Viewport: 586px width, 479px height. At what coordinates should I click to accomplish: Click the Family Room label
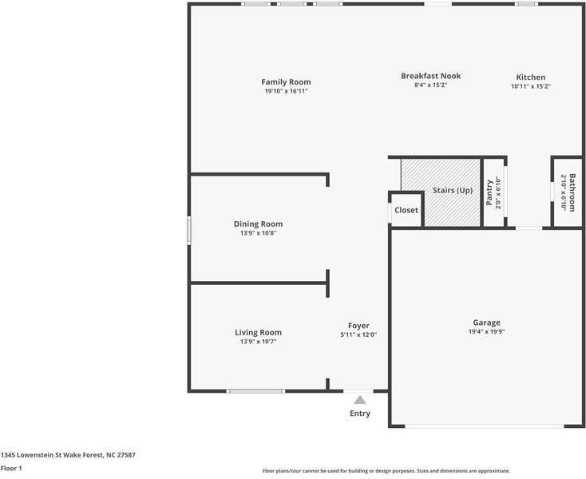pyautogui.click(x=286, y=81)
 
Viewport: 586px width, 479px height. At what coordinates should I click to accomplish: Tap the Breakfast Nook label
pyautogui.click(x=430, y=76)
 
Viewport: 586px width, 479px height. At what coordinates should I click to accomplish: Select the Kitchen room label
pyautogui.click(x=530, y=77)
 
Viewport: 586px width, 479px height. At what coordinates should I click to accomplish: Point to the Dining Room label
pyautogui.click(x=258, y=224)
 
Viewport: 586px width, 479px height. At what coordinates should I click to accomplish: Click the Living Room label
pyautogui.click(x=258, y=332)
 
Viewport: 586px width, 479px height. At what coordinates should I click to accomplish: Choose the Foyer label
pyautogui.click(x=358, y=325)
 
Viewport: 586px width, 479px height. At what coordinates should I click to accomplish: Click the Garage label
pyautogui.click(x=486, y=323)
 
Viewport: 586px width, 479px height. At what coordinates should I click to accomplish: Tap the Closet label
pyautogui.click(x=406, y=210)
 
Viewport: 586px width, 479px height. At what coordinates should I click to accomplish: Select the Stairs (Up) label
pyautogui.click(x=453, y=190)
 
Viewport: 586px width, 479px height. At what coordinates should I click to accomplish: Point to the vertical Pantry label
pyautogui.click(x=489, y=192)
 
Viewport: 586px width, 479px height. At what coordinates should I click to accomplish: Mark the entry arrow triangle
pyautogui.click(x=360, y=400)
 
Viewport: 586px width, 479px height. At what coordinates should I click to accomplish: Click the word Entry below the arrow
pyautogui.click(x=360, y=414)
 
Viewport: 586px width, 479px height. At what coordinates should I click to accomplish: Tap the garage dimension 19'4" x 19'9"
pyautogui.click(x=486, y=332)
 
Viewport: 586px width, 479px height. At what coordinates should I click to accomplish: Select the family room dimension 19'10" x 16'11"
pyautogui.click(x=286, y=91)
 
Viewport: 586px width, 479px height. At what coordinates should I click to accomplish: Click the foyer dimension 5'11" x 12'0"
pyautogui.click(x=358, y=335)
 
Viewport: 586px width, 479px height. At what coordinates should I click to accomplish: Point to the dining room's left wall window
pyautogui.click(x=189, y=230)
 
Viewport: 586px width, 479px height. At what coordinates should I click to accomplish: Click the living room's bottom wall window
pyautogui.click(x=255, y=390)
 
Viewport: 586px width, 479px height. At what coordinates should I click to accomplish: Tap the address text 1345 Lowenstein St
pyautogui.click(x=68, y=455)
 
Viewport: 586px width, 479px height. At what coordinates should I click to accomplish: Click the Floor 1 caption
pyautogui.click(x=11, y=468)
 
